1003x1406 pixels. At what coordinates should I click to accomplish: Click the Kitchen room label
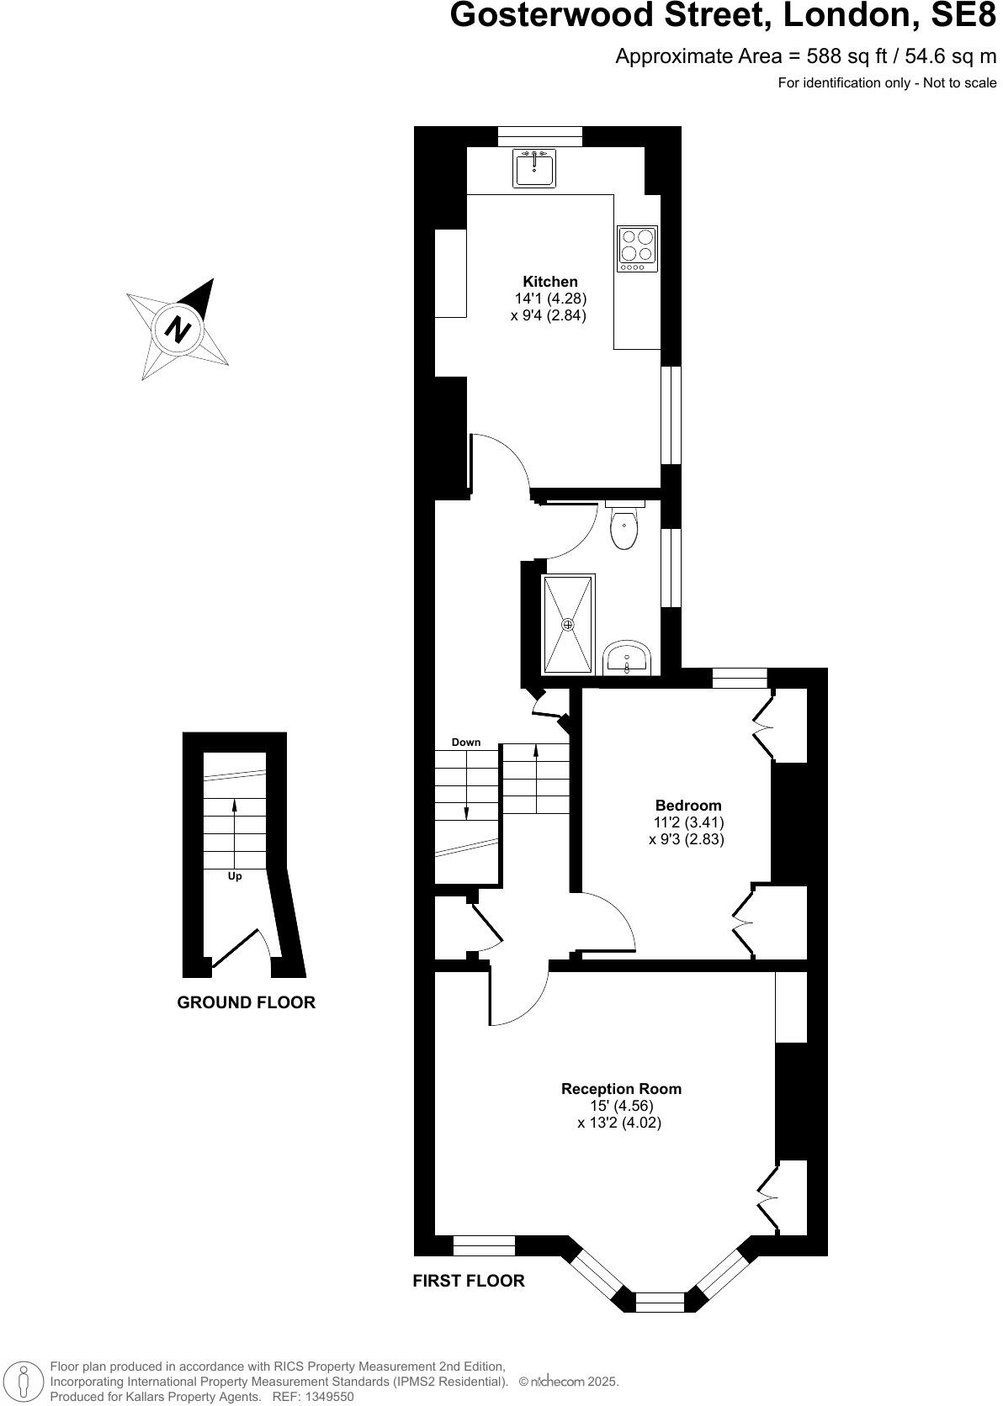(x=550, y=282)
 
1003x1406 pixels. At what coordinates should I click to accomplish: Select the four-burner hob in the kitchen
(x=637, y=248)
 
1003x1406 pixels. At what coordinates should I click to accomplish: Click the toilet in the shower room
(x=624, y=527)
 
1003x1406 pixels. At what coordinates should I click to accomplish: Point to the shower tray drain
(x=568, y=624)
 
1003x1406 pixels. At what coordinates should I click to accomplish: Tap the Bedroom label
(x=688, y=805)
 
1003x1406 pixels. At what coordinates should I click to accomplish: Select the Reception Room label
(x=621, y=1088)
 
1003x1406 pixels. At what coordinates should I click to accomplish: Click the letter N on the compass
(x=177, y=328)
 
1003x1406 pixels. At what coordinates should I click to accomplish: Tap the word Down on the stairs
(x=466, y=742)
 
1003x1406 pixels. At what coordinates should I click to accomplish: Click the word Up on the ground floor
(x=235, y=876)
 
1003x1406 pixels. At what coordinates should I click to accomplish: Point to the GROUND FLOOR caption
(x=246, y=1002)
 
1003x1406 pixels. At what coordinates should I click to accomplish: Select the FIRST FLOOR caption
(x=468, y=1281)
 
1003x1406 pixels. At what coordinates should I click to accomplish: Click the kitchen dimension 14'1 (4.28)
(x=550, y=299)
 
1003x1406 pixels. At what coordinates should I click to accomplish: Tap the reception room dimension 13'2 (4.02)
(x=619, y=1123)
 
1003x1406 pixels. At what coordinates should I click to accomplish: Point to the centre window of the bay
(x=660, y=1303)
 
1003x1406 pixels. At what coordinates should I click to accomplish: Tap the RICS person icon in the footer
(x=24, y=1381)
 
